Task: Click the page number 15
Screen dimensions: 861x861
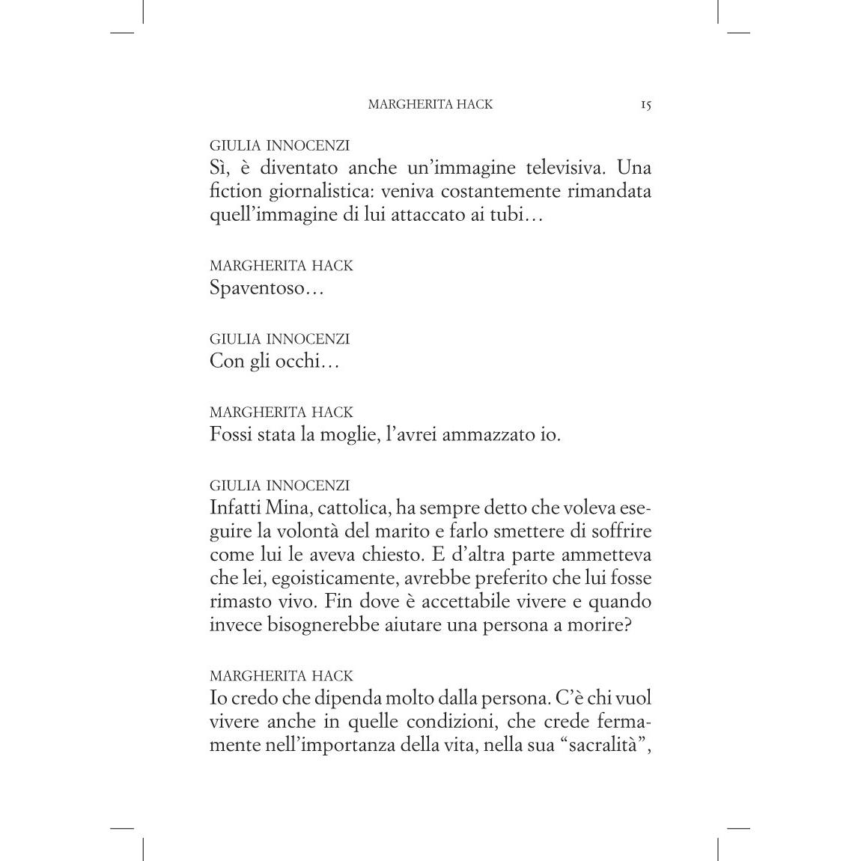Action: click(x=645, y=105)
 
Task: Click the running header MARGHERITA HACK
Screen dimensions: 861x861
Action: click(x=431, y=105)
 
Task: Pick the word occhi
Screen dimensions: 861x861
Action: click(x=295, y=361)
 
